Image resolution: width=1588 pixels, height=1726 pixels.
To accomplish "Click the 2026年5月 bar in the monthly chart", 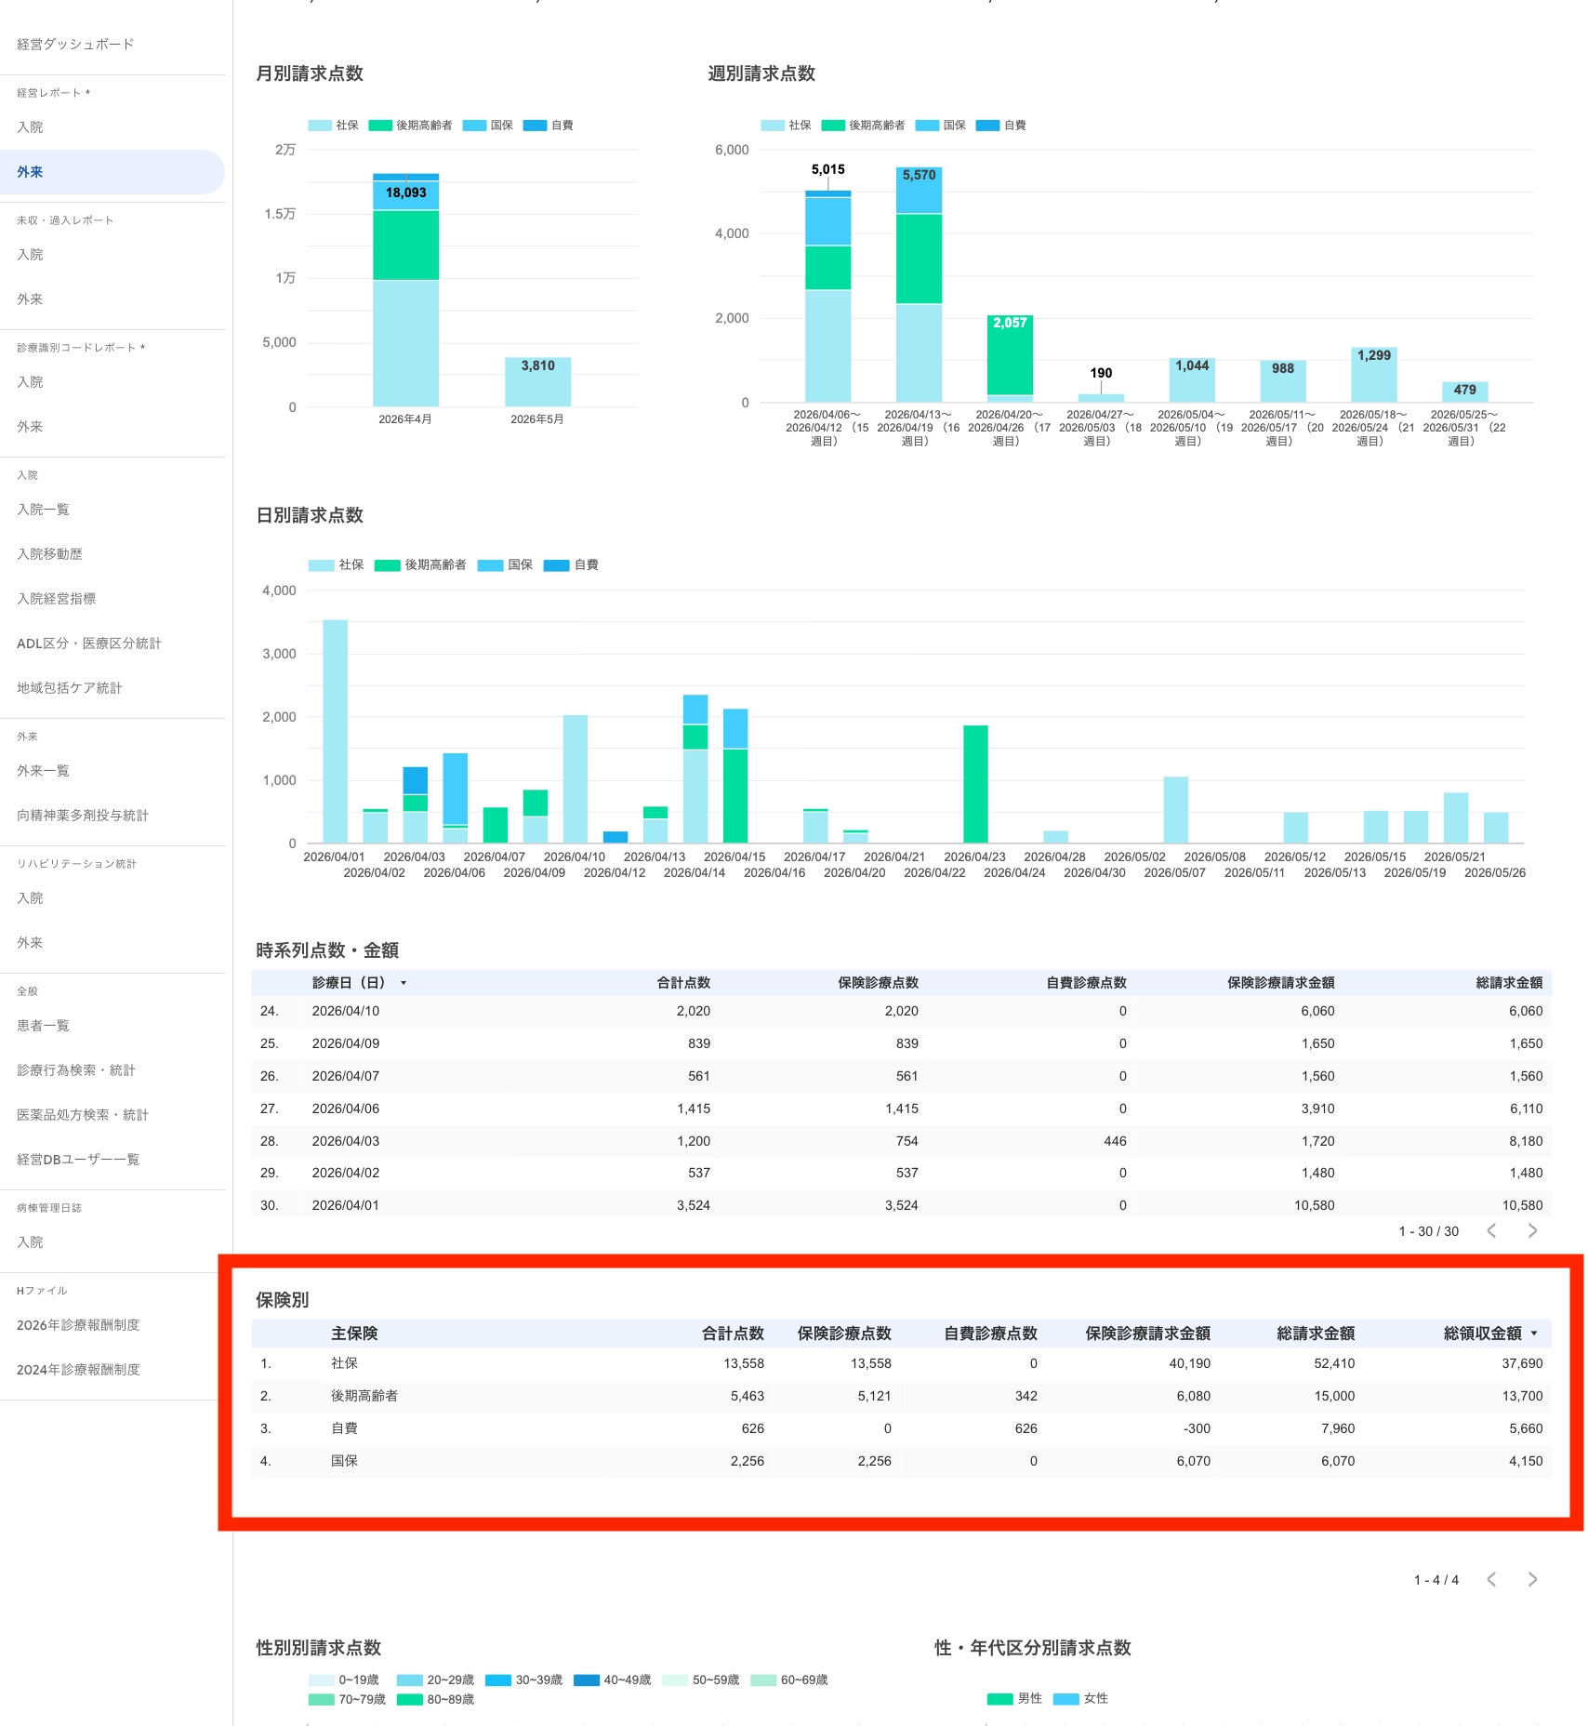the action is (x=537, y=381).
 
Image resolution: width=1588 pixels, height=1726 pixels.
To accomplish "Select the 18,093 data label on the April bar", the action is (x=406, y=193).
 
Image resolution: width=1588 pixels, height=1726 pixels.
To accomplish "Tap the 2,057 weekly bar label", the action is (x=1010, y=323).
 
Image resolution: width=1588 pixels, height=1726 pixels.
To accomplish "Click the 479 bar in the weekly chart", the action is (x=1465, y=392).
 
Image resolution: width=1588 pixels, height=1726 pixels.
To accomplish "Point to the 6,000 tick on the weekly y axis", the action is (x=732, y=150).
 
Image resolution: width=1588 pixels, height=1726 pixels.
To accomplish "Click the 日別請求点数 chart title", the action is (x=310, y=515).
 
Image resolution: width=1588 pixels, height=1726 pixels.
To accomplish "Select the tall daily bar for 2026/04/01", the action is (x=336, y=731).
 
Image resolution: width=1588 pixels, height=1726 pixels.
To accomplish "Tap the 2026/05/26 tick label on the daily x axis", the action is (x=1494, y=872).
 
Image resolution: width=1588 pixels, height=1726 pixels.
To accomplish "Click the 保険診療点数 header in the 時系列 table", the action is (x=878, y=982).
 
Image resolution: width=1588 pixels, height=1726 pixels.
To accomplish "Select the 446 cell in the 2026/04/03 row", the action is (x=1115, y=1141).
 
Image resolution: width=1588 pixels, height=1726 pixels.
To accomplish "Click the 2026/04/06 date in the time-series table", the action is (x=346, y=1109).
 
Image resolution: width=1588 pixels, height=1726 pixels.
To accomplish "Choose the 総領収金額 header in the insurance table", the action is (x=1482, y=1334).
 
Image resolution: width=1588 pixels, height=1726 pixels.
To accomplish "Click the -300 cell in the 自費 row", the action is (x=1196, y=1428).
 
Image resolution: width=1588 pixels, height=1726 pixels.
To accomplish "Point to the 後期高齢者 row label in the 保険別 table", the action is (x=364, y=1396).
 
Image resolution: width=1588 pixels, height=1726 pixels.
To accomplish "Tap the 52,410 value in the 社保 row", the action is (x=1334, y=1363).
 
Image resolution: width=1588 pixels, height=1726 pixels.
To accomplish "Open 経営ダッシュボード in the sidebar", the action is (x=75, y=44).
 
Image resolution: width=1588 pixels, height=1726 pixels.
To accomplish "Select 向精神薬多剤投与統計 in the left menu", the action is (x=83, y=816).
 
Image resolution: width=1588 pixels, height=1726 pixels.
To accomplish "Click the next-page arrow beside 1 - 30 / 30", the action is (x=1532, y=1230).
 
